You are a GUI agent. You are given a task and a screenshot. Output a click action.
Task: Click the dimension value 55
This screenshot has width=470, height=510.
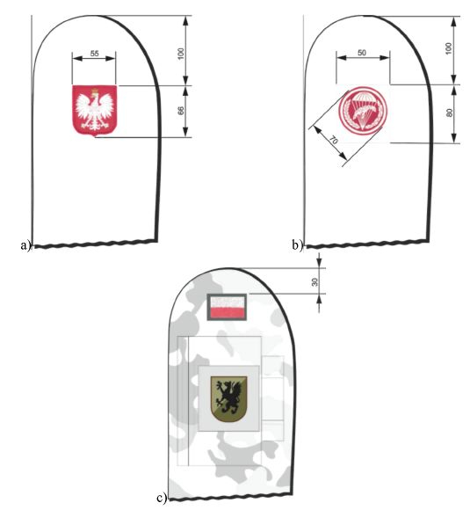pyautogui.click(x=94, y=53)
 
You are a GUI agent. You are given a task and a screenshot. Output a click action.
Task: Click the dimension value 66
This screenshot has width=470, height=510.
pyautogui.click(x=181, y=111)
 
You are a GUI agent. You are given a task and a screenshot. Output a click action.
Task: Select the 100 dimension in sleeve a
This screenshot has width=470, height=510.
pyautogui.click(x=181, y=54)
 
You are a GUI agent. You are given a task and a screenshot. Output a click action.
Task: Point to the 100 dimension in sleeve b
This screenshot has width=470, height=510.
pyautogui.click(x=449, y=48)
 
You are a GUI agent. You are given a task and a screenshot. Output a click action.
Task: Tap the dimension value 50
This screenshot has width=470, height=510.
pyautogui.click(x=361, y=53)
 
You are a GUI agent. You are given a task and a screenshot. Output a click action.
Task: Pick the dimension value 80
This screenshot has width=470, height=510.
pyautogui.click(x=449, y=113)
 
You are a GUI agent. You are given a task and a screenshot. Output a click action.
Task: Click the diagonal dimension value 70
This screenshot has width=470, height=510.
pyautogui.click(x=334, y=140)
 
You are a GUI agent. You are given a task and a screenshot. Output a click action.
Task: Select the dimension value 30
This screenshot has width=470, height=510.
pyautogui.click(x=315, y=281)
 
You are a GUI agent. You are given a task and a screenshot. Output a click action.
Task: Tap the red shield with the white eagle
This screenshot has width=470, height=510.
pyautogui.click(x=94, y=110)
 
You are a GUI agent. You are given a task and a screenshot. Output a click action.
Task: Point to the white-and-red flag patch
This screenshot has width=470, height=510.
pyautogui.click(x=227, y=307)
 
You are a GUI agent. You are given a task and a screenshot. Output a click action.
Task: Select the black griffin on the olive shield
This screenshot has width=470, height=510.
pyautogui.click(x=228, y=398)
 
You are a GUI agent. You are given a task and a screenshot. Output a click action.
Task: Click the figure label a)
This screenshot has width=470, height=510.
pyautogui.click(x=25, y=245)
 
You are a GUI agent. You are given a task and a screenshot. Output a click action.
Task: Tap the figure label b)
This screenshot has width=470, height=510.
pyautogui.click(x=297, y=245)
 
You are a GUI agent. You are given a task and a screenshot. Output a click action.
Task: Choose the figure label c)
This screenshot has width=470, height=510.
pyautogui.click(x=162, y=498)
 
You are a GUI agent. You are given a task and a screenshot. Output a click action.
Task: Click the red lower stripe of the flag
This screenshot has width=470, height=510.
pyautogui.click(x=227, y=312)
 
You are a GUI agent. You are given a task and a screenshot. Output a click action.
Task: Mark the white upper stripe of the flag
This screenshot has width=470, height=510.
pyautogui.click(x=227, y=302)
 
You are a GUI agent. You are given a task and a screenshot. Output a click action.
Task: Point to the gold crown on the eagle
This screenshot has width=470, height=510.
pyautogui.click(x=95, y=90)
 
